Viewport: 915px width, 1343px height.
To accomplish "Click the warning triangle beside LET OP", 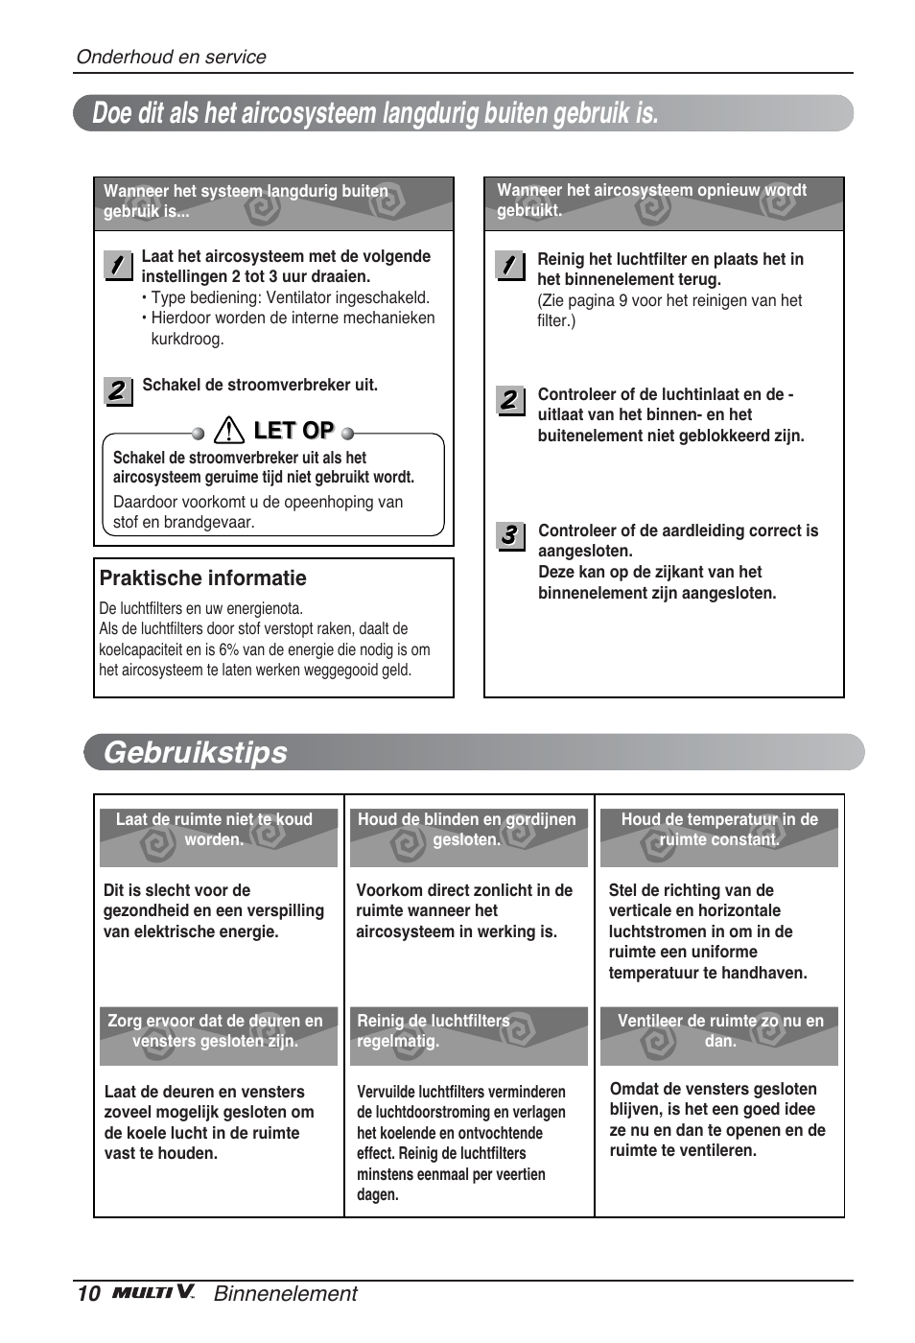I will pos(229,431).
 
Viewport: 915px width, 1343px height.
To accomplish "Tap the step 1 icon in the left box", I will pos(117,266).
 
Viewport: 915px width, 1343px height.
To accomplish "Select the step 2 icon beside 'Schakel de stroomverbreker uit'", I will pos(117,390).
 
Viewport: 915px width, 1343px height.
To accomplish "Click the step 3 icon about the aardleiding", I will pos(509,535).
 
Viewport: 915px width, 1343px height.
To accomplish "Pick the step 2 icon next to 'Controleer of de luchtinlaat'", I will pos(509,400).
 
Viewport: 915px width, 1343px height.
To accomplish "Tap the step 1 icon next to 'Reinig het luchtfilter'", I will pos(509,265).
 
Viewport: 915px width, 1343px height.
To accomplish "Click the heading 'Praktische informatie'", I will pos(203,578).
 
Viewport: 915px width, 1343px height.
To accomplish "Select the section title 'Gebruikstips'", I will pos(196,752).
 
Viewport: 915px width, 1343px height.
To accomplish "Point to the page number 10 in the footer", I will pos(88,1294).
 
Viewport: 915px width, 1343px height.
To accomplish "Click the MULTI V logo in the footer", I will pos(153,1293).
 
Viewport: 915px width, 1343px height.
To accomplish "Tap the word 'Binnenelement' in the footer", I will pos(285,1294).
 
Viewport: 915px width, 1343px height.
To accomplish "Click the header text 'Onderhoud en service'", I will pos(171,57).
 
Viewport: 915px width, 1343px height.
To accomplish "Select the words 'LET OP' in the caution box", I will pos(293,431).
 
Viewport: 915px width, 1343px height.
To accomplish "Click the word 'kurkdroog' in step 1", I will pos(187,339).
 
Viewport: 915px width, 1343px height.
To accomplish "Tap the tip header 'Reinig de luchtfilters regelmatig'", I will pos(434,1031).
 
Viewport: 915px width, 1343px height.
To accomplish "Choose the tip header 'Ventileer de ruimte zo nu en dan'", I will pos(719,1031).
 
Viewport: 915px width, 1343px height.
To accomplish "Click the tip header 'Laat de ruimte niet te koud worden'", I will pos(214,830).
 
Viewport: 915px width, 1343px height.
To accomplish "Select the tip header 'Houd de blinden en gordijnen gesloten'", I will pos(467,830).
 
